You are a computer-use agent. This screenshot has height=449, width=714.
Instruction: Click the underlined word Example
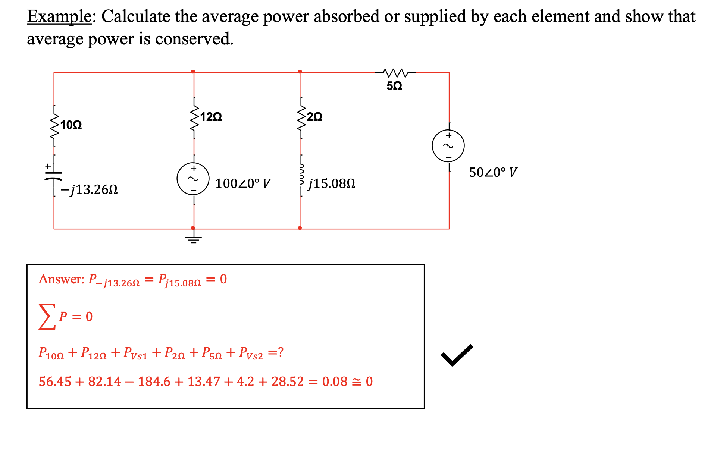[x=59, y=17]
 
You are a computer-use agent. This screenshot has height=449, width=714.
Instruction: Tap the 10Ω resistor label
[x=71, y=125]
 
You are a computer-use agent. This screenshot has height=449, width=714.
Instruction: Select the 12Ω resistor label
[x=211, y=117]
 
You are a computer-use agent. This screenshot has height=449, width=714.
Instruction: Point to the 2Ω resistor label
[x=315, y=117]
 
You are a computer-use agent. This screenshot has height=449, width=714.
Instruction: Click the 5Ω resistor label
[x=394, y=86]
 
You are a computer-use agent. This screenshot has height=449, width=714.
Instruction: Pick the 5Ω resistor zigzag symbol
[x=395, y=72]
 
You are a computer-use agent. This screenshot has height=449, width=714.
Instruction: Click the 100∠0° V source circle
[x=193, y=179]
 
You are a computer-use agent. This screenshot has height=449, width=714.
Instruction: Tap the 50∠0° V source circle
[x=448, y=146]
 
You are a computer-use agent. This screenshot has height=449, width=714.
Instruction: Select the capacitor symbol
[x=54, y=175]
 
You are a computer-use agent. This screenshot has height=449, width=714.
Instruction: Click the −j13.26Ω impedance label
[x=89, y=190]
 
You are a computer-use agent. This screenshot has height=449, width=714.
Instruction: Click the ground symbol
[x=193, y=239]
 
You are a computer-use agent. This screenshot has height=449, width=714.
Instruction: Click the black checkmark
[x=457, y=355]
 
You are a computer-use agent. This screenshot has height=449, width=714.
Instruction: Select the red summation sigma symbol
[x=47, y=317]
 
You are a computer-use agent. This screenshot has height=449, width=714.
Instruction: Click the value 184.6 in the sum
[x=154, y=382]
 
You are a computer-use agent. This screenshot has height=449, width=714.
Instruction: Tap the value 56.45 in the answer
[x=54, y=382]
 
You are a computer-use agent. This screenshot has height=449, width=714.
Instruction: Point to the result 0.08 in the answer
[x=335, y=382]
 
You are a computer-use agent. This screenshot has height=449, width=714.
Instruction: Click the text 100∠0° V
[x=243, y=183]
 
